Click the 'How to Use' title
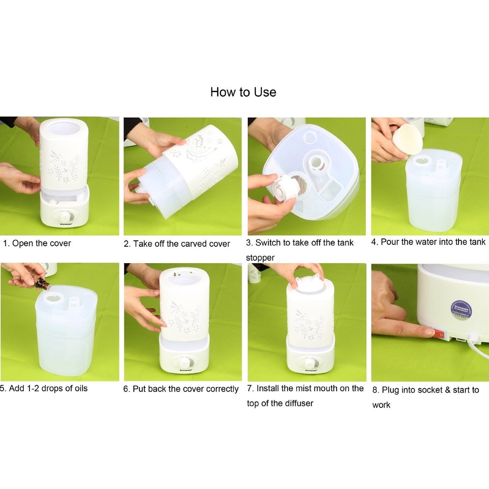243,92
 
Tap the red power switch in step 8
440,334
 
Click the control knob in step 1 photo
65,216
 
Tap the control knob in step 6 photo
185,363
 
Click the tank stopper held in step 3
285,188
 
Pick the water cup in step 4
407,139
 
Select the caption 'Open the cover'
42,243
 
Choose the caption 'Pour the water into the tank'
433,242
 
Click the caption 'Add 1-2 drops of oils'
48,389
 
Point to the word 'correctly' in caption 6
223,389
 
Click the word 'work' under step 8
381,405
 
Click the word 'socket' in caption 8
430,390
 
